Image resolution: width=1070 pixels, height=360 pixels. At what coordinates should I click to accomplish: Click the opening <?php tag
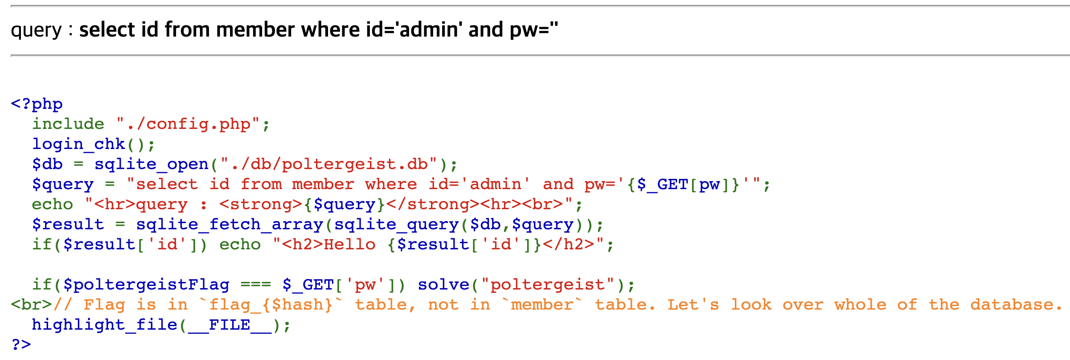click(x=37, y=104)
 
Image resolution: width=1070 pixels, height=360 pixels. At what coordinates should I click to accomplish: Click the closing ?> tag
click(x=21, y=344)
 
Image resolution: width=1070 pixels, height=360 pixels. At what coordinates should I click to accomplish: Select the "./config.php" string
click(x=188, y=124)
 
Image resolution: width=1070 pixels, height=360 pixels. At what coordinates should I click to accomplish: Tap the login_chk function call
click(x=78, y=144)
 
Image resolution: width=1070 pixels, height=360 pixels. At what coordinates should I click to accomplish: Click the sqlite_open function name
click(x=151, y=164)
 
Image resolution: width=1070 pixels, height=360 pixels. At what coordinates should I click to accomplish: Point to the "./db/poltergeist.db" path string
click(x=328, y=164)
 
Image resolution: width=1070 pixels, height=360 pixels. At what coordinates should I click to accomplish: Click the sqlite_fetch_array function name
click(x=230, y=224)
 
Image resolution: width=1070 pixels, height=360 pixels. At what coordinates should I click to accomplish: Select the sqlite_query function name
click(x=396, y=224)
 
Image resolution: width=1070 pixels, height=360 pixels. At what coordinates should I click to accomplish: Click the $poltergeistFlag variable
click(x=146, y=285)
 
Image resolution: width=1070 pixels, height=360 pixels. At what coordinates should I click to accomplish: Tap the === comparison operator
click(x=255, y=285)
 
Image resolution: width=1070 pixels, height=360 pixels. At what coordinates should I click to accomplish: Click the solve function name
click(x=443, y=285)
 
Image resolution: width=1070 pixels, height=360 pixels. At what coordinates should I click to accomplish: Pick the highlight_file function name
click(x=104, y=325)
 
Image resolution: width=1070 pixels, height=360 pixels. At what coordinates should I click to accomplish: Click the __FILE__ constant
click(x=230, y=325)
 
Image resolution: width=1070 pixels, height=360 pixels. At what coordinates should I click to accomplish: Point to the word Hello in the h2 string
click(x=349, y=244)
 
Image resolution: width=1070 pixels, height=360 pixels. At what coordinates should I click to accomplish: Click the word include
click(x=68, y=124)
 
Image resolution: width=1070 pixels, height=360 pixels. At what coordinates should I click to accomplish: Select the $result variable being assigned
click(x=68, y=224)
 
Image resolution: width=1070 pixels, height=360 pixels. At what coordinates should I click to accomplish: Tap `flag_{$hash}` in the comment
click(x=271, y=305)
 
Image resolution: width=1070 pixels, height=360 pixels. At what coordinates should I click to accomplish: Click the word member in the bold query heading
click(x=255, y=30)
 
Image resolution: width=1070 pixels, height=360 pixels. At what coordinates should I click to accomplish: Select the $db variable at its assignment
click(x=47, y=164)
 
